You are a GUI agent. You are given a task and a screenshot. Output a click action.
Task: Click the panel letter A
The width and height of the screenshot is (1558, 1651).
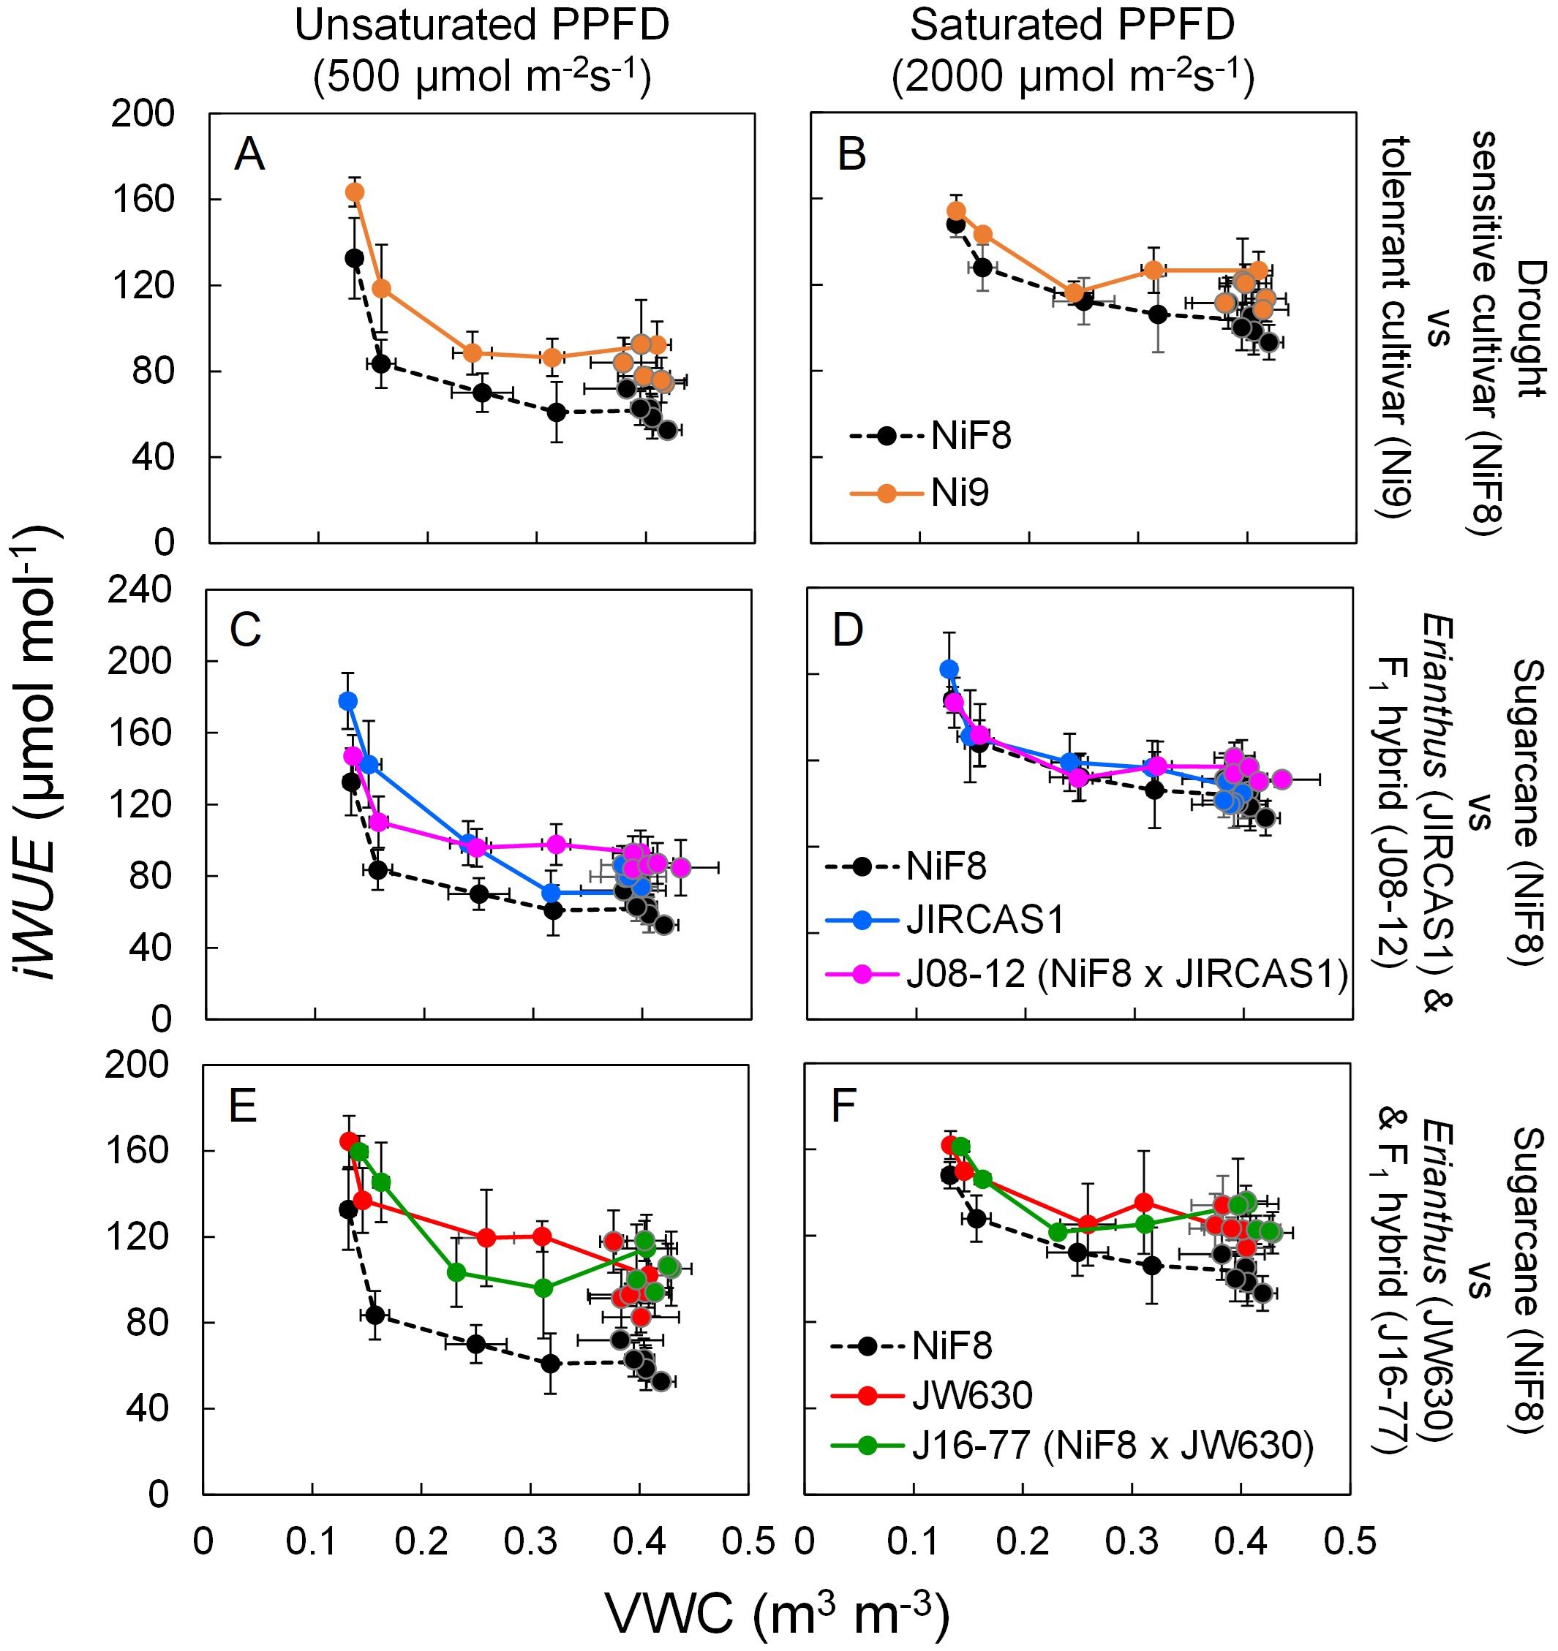(249, 154)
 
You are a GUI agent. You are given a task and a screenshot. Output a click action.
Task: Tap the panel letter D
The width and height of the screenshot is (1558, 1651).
(848, 631)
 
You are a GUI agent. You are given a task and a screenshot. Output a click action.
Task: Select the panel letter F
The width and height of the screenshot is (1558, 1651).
(844, 1107)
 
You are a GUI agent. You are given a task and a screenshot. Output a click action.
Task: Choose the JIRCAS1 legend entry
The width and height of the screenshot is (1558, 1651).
(985, 920)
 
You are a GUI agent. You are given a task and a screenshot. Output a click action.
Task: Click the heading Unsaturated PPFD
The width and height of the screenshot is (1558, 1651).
(482, 26)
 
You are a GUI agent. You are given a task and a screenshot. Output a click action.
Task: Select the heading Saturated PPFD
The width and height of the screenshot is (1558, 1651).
(1072, 26)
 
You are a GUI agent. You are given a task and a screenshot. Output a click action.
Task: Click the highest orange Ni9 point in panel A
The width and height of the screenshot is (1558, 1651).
(355, 192)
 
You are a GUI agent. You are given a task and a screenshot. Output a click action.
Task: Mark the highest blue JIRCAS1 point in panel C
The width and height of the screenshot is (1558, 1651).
(347, 701)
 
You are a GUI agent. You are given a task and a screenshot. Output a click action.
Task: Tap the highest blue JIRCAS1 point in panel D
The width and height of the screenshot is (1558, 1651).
(949, 669)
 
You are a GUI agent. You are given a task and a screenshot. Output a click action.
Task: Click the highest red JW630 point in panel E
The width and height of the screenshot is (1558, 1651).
(349, 1141)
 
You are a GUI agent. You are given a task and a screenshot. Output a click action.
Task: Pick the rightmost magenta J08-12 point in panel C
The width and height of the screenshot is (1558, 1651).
(680, 868)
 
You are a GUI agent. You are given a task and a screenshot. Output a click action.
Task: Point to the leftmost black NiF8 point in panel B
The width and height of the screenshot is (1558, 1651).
(955, 224)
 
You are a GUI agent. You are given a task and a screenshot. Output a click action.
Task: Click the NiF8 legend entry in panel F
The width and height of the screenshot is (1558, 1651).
(952, 1345)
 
